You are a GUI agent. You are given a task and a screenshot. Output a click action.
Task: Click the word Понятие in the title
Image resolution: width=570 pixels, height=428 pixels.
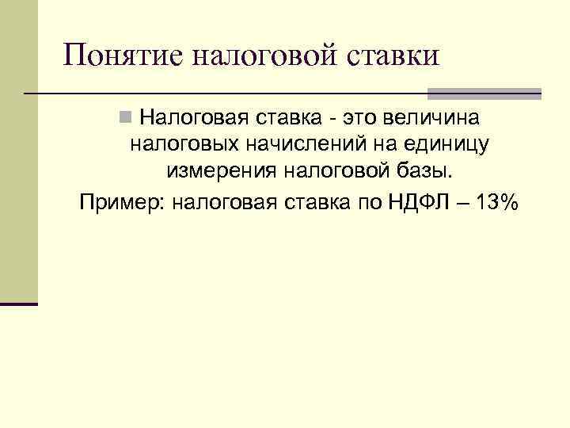pos(122,55)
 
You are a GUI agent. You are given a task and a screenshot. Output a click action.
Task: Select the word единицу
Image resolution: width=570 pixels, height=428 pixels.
pos(446,145)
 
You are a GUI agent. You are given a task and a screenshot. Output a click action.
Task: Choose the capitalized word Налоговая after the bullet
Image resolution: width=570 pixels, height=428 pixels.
pos(188,118)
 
